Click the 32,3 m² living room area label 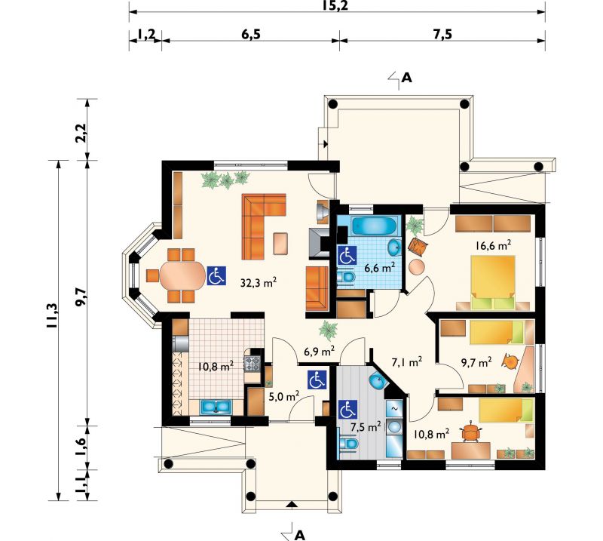tap(259, 282)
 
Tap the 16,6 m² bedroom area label tap(493, 245)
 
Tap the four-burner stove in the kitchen tap(253, 363)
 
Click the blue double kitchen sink tap(216, 407)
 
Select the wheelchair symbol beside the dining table tap(216, 275)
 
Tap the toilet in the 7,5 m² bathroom tap(349, 444)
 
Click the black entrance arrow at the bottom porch tap(292, 503)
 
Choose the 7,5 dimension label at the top tap(442, 35)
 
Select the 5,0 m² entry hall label tap(284, 396)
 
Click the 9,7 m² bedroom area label tap(476, 361)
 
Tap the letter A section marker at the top tap(406, 78)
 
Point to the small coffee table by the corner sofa tap(280, 244)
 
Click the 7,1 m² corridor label tap(407, 361)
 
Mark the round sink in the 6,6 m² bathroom tap(394, 247)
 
